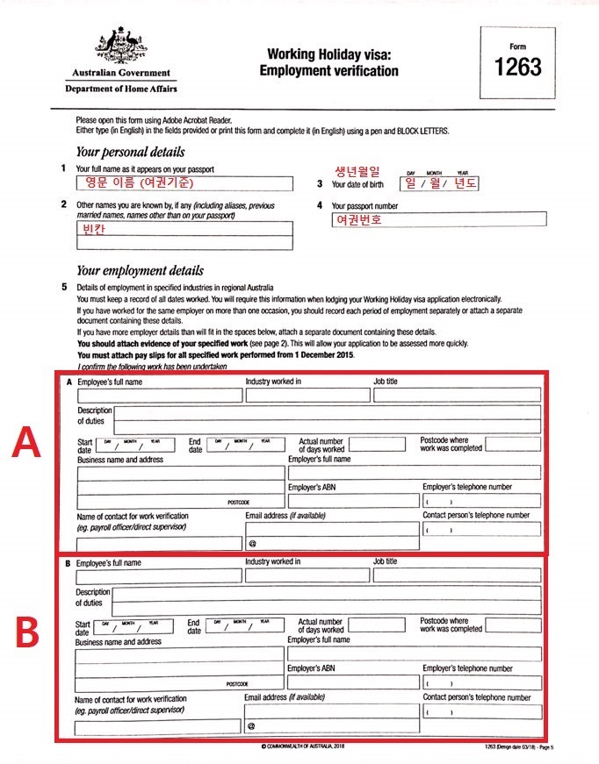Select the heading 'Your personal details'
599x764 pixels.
click(x=130, y=152)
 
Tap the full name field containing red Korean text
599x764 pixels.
click(x=184, y=183)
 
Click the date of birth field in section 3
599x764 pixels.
click(x=438, y=183)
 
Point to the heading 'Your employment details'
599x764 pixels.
click(x=140, y=271)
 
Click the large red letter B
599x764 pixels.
click(x=26, y=632)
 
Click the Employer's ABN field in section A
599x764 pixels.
click(x=351, y=501)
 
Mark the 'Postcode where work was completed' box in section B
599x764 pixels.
click(x=512, y=625)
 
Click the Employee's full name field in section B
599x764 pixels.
click(x=158, y=576)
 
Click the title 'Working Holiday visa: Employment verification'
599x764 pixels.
click(x=328, y=62)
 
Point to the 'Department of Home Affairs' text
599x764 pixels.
click(x=121, y=89)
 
